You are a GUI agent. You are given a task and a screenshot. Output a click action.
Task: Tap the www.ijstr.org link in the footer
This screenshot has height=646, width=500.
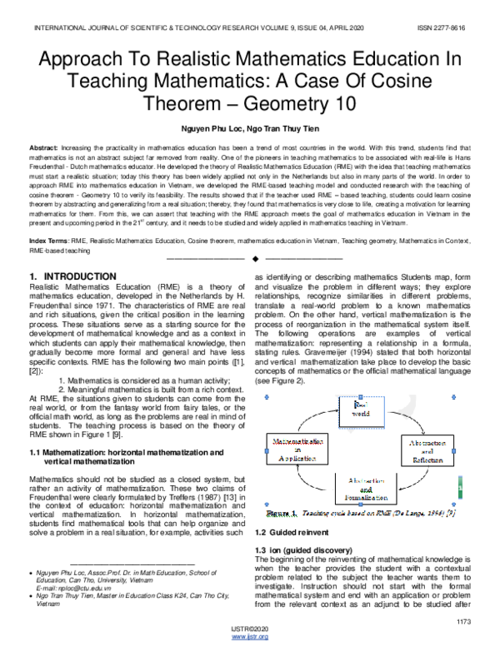[x=249, y=637]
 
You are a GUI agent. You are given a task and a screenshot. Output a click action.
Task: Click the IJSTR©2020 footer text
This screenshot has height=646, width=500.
[x=249, y=629]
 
